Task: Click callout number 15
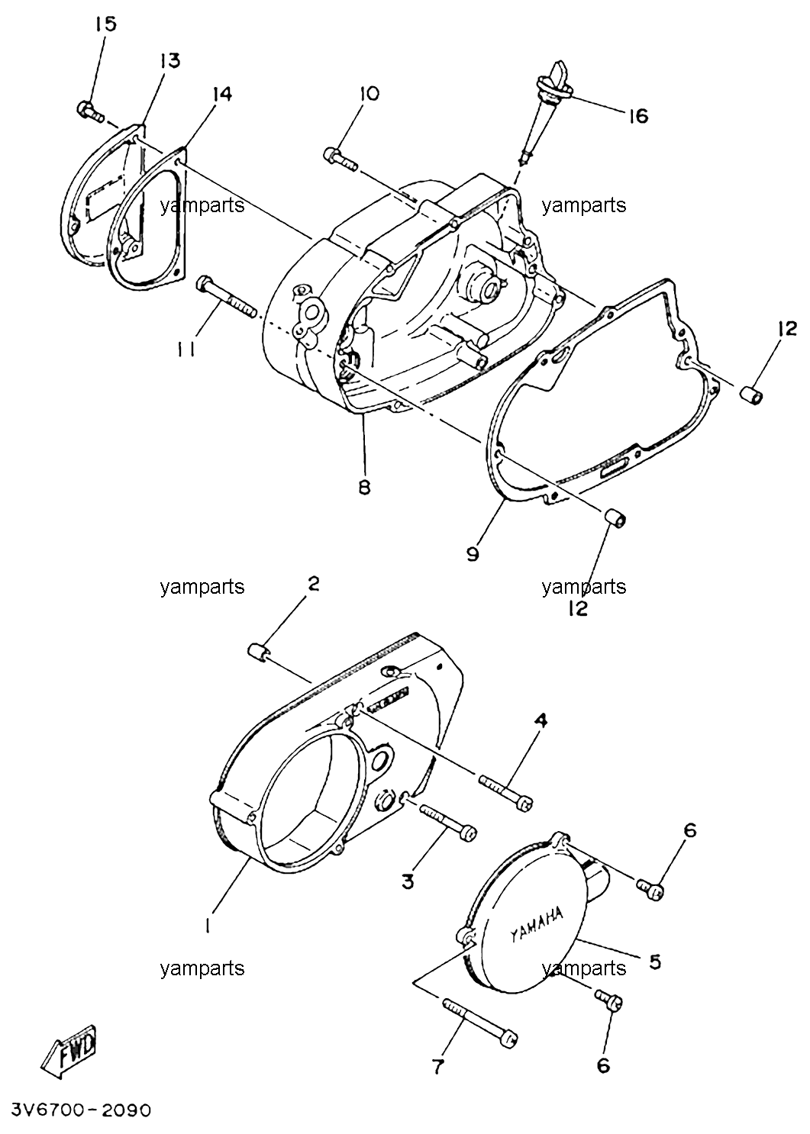click(x=106, y=24)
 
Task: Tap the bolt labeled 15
click(x=89, y=111)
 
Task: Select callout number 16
click(x=638, y=117)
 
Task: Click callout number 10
click(x=369, y=94)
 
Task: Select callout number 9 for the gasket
click(x=472, y=555)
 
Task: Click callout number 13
click(x=169, y=61)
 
